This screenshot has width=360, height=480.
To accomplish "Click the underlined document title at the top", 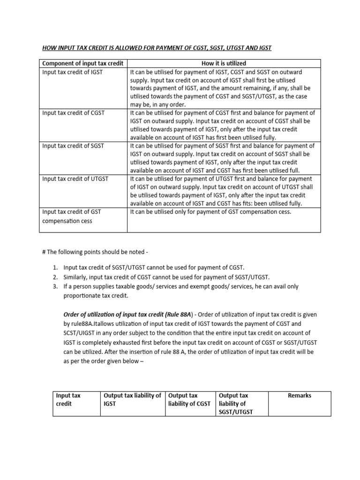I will [x=157, y=48].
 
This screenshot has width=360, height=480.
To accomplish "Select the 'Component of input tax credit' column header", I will [x=83, y=63].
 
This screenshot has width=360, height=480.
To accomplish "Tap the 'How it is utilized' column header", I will [x=224, y=63].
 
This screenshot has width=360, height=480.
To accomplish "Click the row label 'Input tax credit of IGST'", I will [x=72, y=72].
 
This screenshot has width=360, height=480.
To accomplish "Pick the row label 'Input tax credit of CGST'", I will [x=73, y=113].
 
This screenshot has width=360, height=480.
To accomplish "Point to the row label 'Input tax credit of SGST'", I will [x=73, y=146].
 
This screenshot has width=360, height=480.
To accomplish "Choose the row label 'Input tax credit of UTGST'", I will [x=75, y=179].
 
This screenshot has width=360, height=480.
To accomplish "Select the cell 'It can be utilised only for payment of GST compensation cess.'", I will [x=210, y=211].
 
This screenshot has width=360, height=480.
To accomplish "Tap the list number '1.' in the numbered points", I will [x=55, y=267].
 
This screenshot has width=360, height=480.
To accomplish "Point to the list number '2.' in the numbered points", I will [x=55, y=277].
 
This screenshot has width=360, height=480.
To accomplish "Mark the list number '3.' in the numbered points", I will [x=55, y=286].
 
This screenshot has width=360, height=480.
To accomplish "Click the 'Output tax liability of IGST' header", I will [x=132, y=399].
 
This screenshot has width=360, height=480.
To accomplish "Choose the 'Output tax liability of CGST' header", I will [x=189, y=399].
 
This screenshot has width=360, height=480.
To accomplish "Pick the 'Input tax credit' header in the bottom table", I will [x=68, y=399].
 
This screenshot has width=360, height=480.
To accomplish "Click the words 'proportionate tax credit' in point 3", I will [x=97, y=296].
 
